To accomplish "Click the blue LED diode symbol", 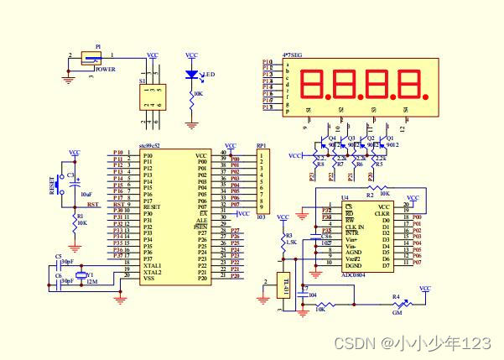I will click(193, 74).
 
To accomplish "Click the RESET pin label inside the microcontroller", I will click(153, 205).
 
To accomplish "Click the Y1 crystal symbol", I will click(81, 275).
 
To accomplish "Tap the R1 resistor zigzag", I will click(75, 221).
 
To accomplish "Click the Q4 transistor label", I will click(332, 137).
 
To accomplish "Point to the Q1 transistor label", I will click(389, 137).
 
